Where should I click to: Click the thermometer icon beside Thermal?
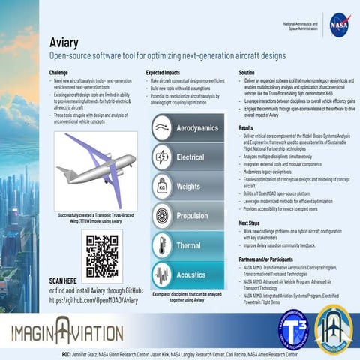tap(162, 244)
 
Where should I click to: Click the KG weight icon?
tap(162, 186)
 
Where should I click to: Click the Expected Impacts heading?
tap(166, 72)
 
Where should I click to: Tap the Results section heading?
tap(246, 128)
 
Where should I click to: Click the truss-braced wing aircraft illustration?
tap(96, 169)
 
